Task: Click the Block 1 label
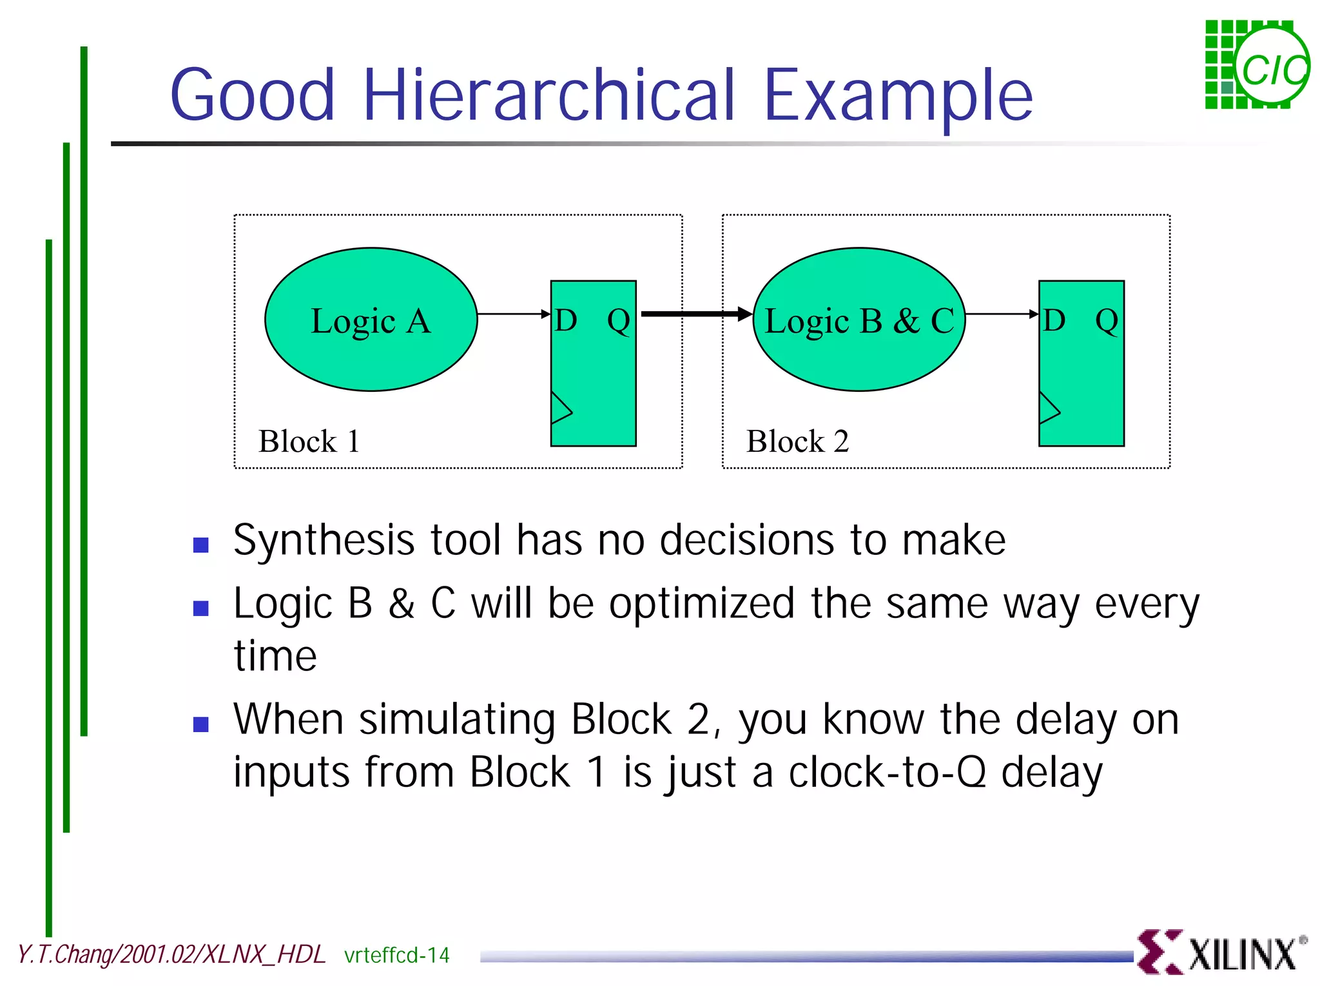click(x=309, y=442)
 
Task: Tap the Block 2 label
click(x=797, y=442)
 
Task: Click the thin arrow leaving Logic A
click(x=512, y=314)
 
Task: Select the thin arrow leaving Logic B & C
click(x=1001, y=314)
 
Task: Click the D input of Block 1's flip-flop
click(x=566, y=320)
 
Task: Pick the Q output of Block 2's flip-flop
click(x=1107, y=320)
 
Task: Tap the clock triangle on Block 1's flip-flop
click(x=560, y=409)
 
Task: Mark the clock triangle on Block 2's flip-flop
click(x=1049, y=409)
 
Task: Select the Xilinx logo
click(x=1221, y=952)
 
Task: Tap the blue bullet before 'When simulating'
click(x=201, y=724)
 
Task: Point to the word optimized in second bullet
click(x=701, y=604)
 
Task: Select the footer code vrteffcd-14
click(x=396, y=955)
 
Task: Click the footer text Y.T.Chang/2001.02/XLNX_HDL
click(x=171, y=954)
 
